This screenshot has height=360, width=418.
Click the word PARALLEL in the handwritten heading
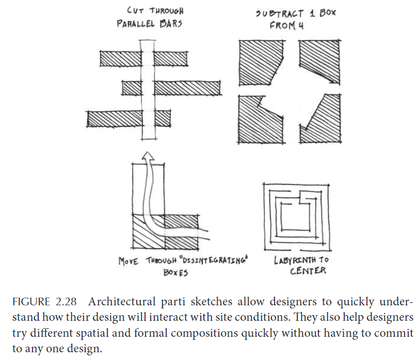tap(136, 23)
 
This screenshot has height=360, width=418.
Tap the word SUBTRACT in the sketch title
tap(280, 13)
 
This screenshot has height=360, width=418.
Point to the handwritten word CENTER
tap(308, 271)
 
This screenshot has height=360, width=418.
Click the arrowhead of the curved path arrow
tap(148, 156)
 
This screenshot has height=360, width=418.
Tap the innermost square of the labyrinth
tap(295, 217)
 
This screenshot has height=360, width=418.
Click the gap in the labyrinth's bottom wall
tap(295, 250)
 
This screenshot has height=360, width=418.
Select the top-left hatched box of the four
tap(261, 63)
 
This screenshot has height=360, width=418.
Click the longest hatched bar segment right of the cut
tap(187, 88)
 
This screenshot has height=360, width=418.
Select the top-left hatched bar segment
tap(120, 59)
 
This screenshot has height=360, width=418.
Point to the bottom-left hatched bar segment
tap(115, 119)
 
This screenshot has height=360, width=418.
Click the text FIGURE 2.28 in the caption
tap(44, 302)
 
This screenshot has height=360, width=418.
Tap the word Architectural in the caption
tap(122, 302)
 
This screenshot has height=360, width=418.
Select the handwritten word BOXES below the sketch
tap(175, 273)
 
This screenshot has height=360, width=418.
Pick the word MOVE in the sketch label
tap(128, 261)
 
